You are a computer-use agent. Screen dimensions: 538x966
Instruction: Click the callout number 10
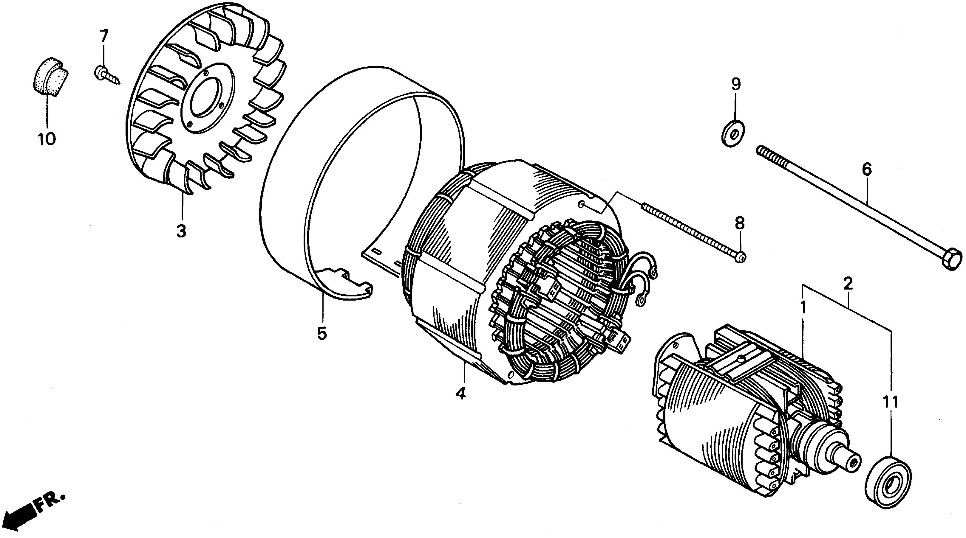coord(47,139)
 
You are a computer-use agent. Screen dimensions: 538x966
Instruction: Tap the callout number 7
coord(103,37)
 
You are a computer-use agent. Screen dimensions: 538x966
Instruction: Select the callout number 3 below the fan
coord(181,231)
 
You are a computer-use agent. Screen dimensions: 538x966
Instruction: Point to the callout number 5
coord(322,333)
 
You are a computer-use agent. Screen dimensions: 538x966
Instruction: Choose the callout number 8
coord(739,224)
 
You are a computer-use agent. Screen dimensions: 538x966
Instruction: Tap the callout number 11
coord(891,402)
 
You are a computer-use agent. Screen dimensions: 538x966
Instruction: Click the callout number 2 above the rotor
coord(848,284)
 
